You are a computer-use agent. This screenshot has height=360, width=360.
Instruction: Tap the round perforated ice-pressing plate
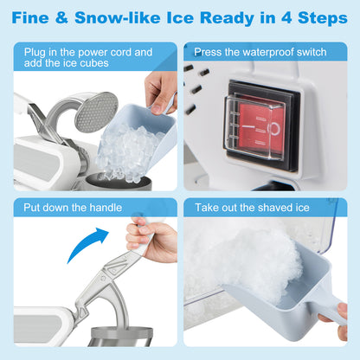pos(95,111)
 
